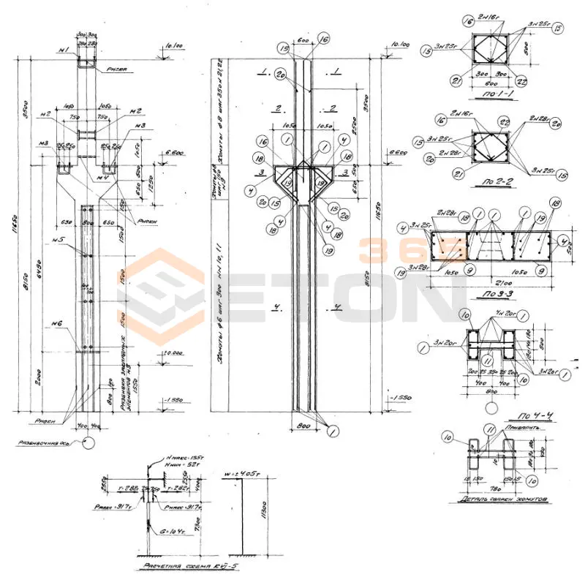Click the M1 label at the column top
pos(64,51)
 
